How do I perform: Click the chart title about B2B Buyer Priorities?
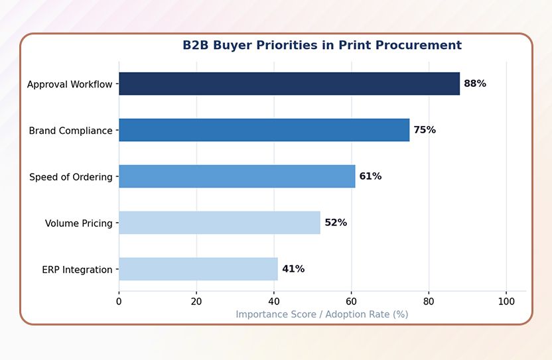point(322,46)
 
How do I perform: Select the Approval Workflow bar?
point(289,84)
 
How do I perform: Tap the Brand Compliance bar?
point(264,130)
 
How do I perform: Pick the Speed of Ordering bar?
point(237,176)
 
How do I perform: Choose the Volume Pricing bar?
point(220,223)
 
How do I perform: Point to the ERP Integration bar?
point(198,269)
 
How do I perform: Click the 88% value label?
point(475,84)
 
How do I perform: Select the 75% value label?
point(425,130)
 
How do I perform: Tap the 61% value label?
point(370,176)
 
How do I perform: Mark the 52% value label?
point(336,223)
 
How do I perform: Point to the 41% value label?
point(293,269)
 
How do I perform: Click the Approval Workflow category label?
point(70,84)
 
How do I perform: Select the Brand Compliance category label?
point(70,131)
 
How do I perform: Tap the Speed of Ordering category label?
point(71,177)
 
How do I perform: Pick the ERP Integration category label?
point(77,270)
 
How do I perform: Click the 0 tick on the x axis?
point(119,301)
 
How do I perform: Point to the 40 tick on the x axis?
point(274,301)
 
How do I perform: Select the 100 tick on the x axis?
point(506,301)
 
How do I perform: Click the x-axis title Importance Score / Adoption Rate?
point(322,314)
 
